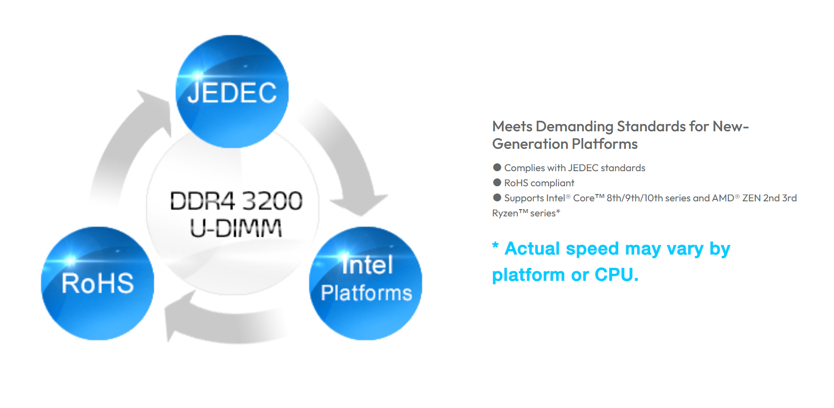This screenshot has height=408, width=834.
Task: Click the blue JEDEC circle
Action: tap(232, 91)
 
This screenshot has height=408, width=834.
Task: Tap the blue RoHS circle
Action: tap(97, 284)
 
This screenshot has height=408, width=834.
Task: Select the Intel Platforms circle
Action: tap(366, 284)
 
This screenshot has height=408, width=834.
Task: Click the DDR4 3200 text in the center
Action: tap(236, 201)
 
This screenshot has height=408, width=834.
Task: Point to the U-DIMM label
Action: tap(236, 228)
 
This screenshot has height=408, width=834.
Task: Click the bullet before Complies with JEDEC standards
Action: tap(497, 167)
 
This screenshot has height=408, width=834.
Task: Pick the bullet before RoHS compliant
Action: tap(497, 182)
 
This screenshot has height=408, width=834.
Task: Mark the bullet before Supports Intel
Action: tap(497, 197)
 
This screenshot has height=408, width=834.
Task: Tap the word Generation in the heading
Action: tap(531, 144)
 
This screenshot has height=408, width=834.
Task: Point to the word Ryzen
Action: tap(505, 213)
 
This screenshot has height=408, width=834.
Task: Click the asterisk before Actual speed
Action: tap(496, 245)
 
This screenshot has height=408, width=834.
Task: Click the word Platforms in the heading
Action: tap(605, 144)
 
